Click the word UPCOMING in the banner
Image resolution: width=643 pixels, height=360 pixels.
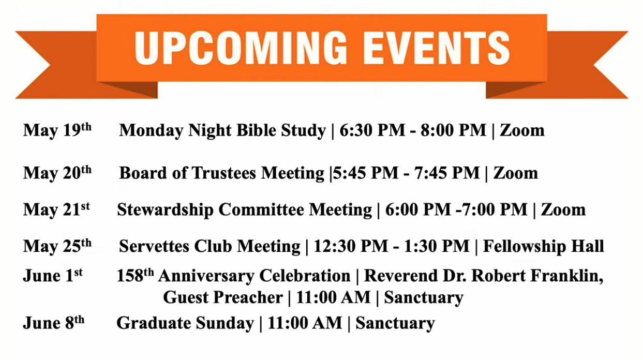click(x=241, y=48)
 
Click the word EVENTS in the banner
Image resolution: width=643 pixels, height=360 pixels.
click(x=437, y=48)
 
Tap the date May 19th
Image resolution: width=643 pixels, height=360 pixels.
click(x=57, y=130)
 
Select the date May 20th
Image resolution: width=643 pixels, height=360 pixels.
click(x=57, y=173)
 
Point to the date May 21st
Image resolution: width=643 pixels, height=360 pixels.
click(x=56, y=209)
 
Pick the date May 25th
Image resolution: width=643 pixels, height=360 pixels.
click(x=57, y=246)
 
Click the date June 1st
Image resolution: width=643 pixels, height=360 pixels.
click(x=53, y=276)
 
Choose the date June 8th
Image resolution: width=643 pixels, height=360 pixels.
click(x=53, y=323)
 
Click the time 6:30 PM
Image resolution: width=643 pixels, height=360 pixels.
click(x=372, y=130)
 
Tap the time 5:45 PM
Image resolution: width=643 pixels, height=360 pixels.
click(x=365, y=173)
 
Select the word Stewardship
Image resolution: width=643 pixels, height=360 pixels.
click(x=165, y=210)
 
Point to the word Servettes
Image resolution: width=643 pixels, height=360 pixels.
click(x=154, y=246)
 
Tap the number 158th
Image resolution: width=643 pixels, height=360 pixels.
click(x=135, y=275)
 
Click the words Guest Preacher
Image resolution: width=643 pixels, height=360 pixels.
click(x=223, y=297)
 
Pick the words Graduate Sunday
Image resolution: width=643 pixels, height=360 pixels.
click(x=185, y=323)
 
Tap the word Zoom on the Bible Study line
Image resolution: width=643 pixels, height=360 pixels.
click(x=522, y=130)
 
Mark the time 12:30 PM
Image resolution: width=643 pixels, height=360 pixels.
click(x=351, y=246)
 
